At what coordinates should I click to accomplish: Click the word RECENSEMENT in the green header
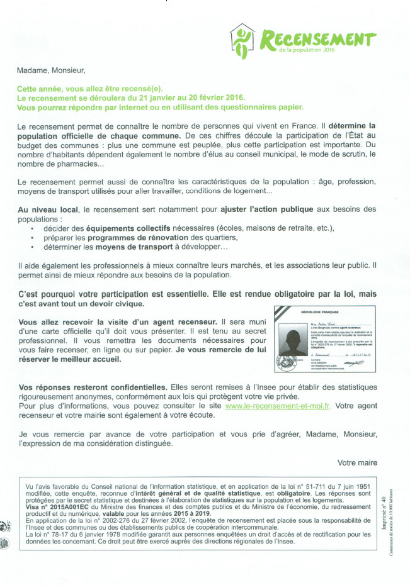click(319, 40)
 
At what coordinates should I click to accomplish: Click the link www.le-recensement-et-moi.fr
click(278, 406)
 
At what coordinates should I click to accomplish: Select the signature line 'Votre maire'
click(357, 462)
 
